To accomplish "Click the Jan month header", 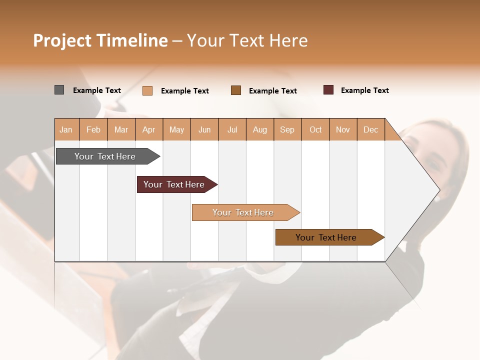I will pos(66,129).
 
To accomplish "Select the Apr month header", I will pos(149,129).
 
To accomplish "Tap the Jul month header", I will pos(232,129).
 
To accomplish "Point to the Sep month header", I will pos(287,129).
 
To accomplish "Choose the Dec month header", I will pos(370,129).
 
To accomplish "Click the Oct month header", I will pos(315,129).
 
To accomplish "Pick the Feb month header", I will pos(93,129).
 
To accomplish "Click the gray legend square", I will pos(59,90).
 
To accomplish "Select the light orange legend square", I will pos(147,90).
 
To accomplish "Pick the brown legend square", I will pos(236,90).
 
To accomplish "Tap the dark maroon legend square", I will pos(328,90).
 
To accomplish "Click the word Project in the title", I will pos(62,41).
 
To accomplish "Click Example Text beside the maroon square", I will pos(364,90).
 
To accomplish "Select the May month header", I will pos(176,129).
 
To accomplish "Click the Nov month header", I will pos(343,129).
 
